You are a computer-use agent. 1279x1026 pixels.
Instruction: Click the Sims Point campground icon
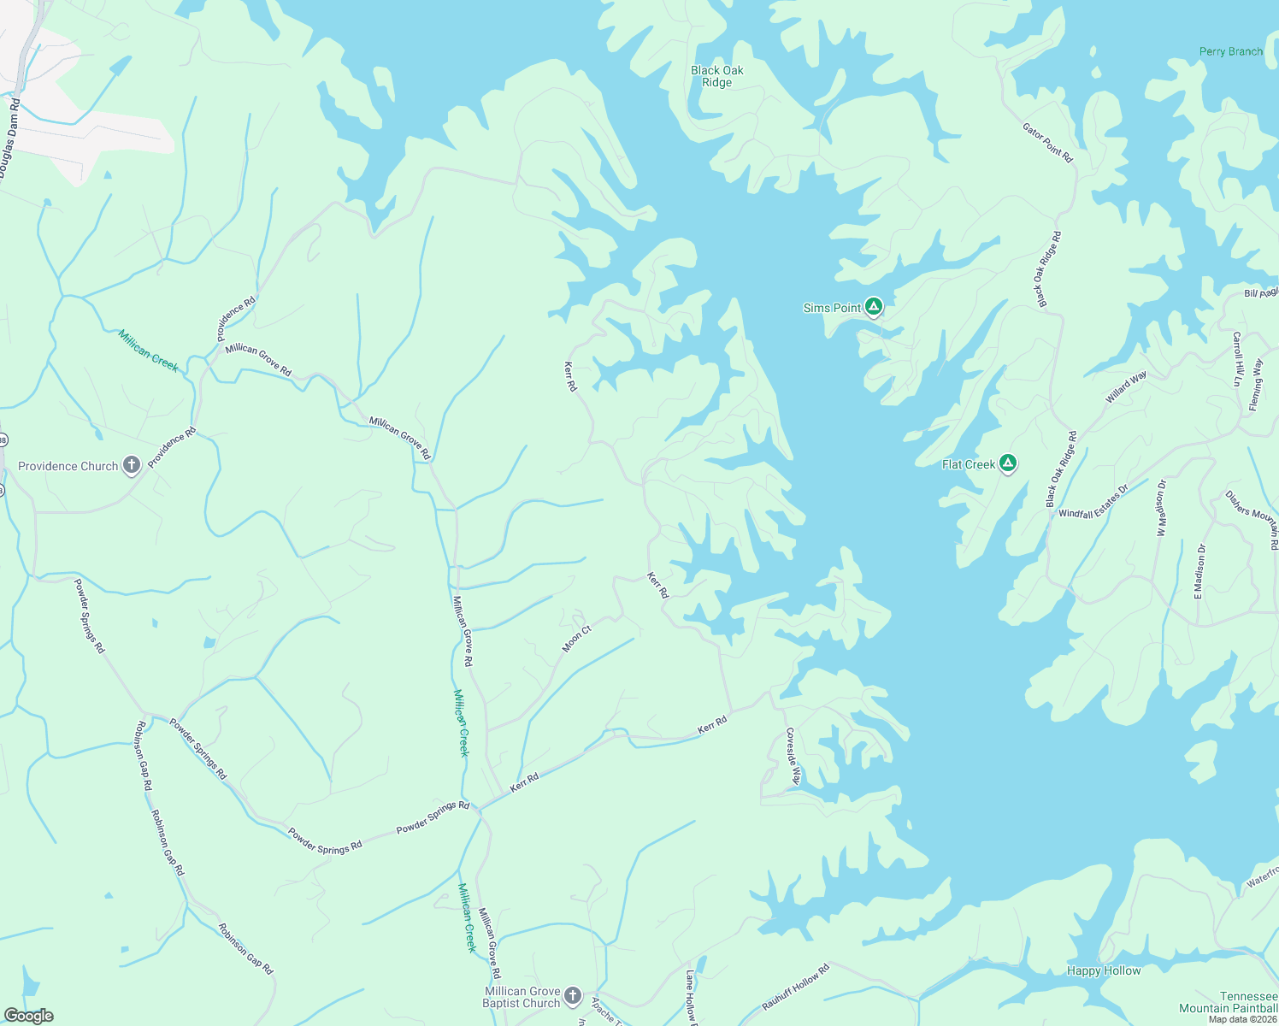(x=873, y=306)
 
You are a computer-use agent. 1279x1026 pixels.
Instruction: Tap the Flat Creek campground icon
(x=1008, y=463)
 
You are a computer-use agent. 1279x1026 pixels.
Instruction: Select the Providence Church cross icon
(x=131, y=465)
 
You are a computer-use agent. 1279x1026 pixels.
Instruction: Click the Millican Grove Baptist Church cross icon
(x=573, y=995)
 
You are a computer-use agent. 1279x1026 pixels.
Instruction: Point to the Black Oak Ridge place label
(x=717, y=76)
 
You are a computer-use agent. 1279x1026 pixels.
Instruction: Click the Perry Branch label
(x=1230, y=51)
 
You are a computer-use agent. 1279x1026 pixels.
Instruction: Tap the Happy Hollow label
(x=1103, y=970)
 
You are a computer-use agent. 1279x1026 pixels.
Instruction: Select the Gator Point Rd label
(x=1047, y=143)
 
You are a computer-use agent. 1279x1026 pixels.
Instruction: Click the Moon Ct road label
(x=576, y=639)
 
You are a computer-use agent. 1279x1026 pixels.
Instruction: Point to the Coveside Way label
(x=793, y=756)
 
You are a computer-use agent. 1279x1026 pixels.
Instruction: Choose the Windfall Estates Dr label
(x=1093, y=502)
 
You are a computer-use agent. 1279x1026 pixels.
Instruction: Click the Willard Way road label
(x=1126, y=387)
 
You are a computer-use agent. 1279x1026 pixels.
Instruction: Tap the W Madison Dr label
(x=1161, y=508)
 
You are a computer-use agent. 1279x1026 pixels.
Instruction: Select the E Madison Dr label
(x=1199, y=570)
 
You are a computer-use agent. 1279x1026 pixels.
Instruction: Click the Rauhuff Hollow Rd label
(x=795, y=988)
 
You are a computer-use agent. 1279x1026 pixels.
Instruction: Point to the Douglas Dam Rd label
(x=9, y=140)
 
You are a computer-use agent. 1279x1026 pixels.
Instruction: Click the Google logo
(x=28, y=1016)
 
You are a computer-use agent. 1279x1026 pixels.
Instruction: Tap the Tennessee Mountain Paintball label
(x=1229, y=1002)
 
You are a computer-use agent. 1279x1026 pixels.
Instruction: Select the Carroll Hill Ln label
(x=1236, y=359)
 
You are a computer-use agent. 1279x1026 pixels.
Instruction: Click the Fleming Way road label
(x=1255, y=385)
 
